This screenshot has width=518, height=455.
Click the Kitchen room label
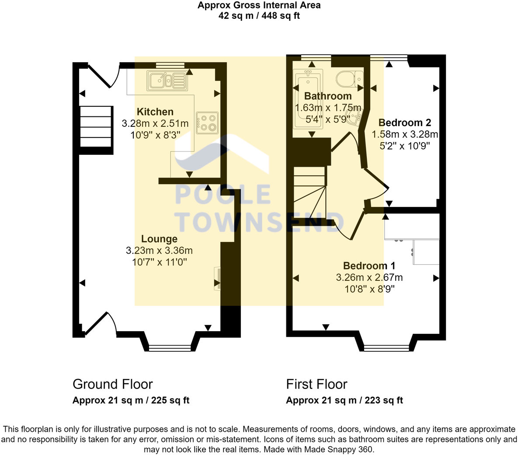(155, 112)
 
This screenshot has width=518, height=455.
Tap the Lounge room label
(159, 239)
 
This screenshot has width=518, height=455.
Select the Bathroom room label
(328, 96)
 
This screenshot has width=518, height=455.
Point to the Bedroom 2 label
(405, 122)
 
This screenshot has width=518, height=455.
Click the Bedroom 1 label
(369, 266)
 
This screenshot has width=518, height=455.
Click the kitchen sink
(167, 80)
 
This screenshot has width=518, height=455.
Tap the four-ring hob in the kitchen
(207, 122)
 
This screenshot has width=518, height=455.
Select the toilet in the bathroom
(349, 79)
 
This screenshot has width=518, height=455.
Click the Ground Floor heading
(112, 384)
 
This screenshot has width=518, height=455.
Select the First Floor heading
(316, 384)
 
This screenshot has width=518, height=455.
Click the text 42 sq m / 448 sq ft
(259, 16)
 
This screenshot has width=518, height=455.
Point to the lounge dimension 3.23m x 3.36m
(159, 251)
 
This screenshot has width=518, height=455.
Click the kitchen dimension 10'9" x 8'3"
(155, 135)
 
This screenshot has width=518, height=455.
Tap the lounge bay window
(170, 348)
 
